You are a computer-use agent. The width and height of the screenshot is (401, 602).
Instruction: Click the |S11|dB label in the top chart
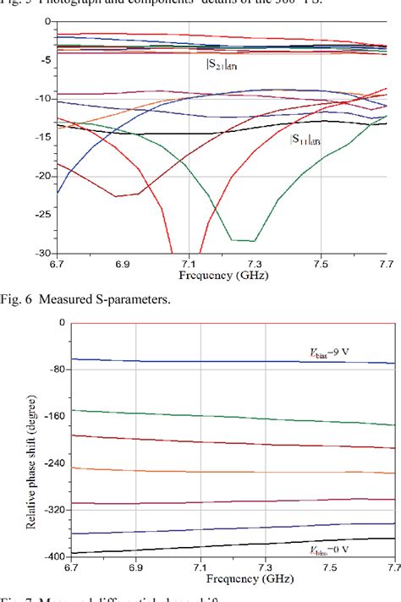305,140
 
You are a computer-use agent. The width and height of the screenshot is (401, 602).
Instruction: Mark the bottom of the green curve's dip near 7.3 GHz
243,241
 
